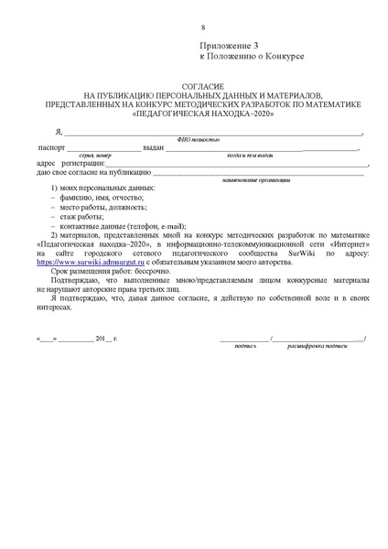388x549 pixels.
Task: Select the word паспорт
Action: (50, 147)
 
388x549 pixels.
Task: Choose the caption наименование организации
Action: (260, 179)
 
